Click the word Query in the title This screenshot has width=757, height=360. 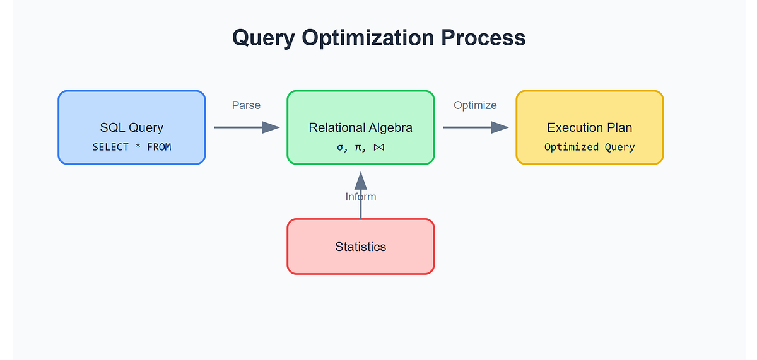tap(264, 38)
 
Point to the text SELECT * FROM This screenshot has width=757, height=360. tap(131, 147)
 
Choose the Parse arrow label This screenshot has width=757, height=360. tap(246, 105)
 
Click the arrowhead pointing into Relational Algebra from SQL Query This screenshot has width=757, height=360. tap(271, 127)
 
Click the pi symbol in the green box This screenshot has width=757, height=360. tap(360, 147)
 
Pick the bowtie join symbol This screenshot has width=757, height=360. tap(378, 147)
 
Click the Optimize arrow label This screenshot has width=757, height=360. tap(475, 105)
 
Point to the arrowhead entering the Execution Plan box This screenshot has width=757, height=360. tap(500, 127)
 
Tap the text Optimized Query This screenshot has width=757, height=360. tap(589, 147)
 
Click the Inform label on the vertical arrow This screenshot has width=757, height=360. tap(360, 197)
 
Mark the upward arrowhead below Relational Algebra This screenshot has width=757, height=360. tap(360, 180)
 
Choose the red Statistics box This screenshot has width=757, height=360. tap(360, 247)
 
